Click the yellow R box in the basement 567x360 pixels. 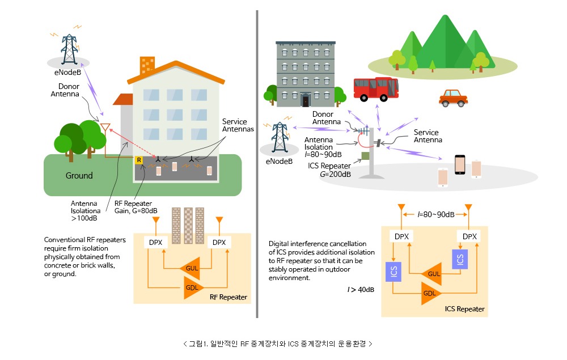coord(138,160)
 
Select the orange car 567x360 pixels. coord(453,98)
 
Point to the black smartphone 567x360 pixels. coord(460,165)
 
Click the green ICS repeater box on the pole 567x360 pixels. coord(365,156)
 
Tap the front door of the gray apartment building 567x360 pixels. coord(306,100)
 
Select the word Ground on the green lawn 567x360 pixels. coord(79,176)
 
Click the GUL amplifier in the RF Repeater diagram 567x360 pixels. coord(190,268)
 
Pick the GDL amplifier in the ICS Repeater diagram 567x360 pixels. coord(431,293)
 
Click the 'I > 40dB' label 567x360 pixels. coord(361,290)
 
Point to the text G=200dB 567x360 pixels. coord(335,174)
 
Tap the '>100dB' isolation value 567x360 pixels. coord(84,218)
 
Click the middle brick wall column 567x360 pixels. coord(188,226)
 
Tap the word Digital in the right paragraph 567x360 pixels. coord(278,244)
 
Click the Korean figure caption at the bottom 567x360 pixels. coord(278,344)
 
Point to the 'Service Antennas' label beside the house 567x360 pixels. coord(238,125)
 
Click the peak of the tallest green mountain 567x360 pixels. coord(446,15)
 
